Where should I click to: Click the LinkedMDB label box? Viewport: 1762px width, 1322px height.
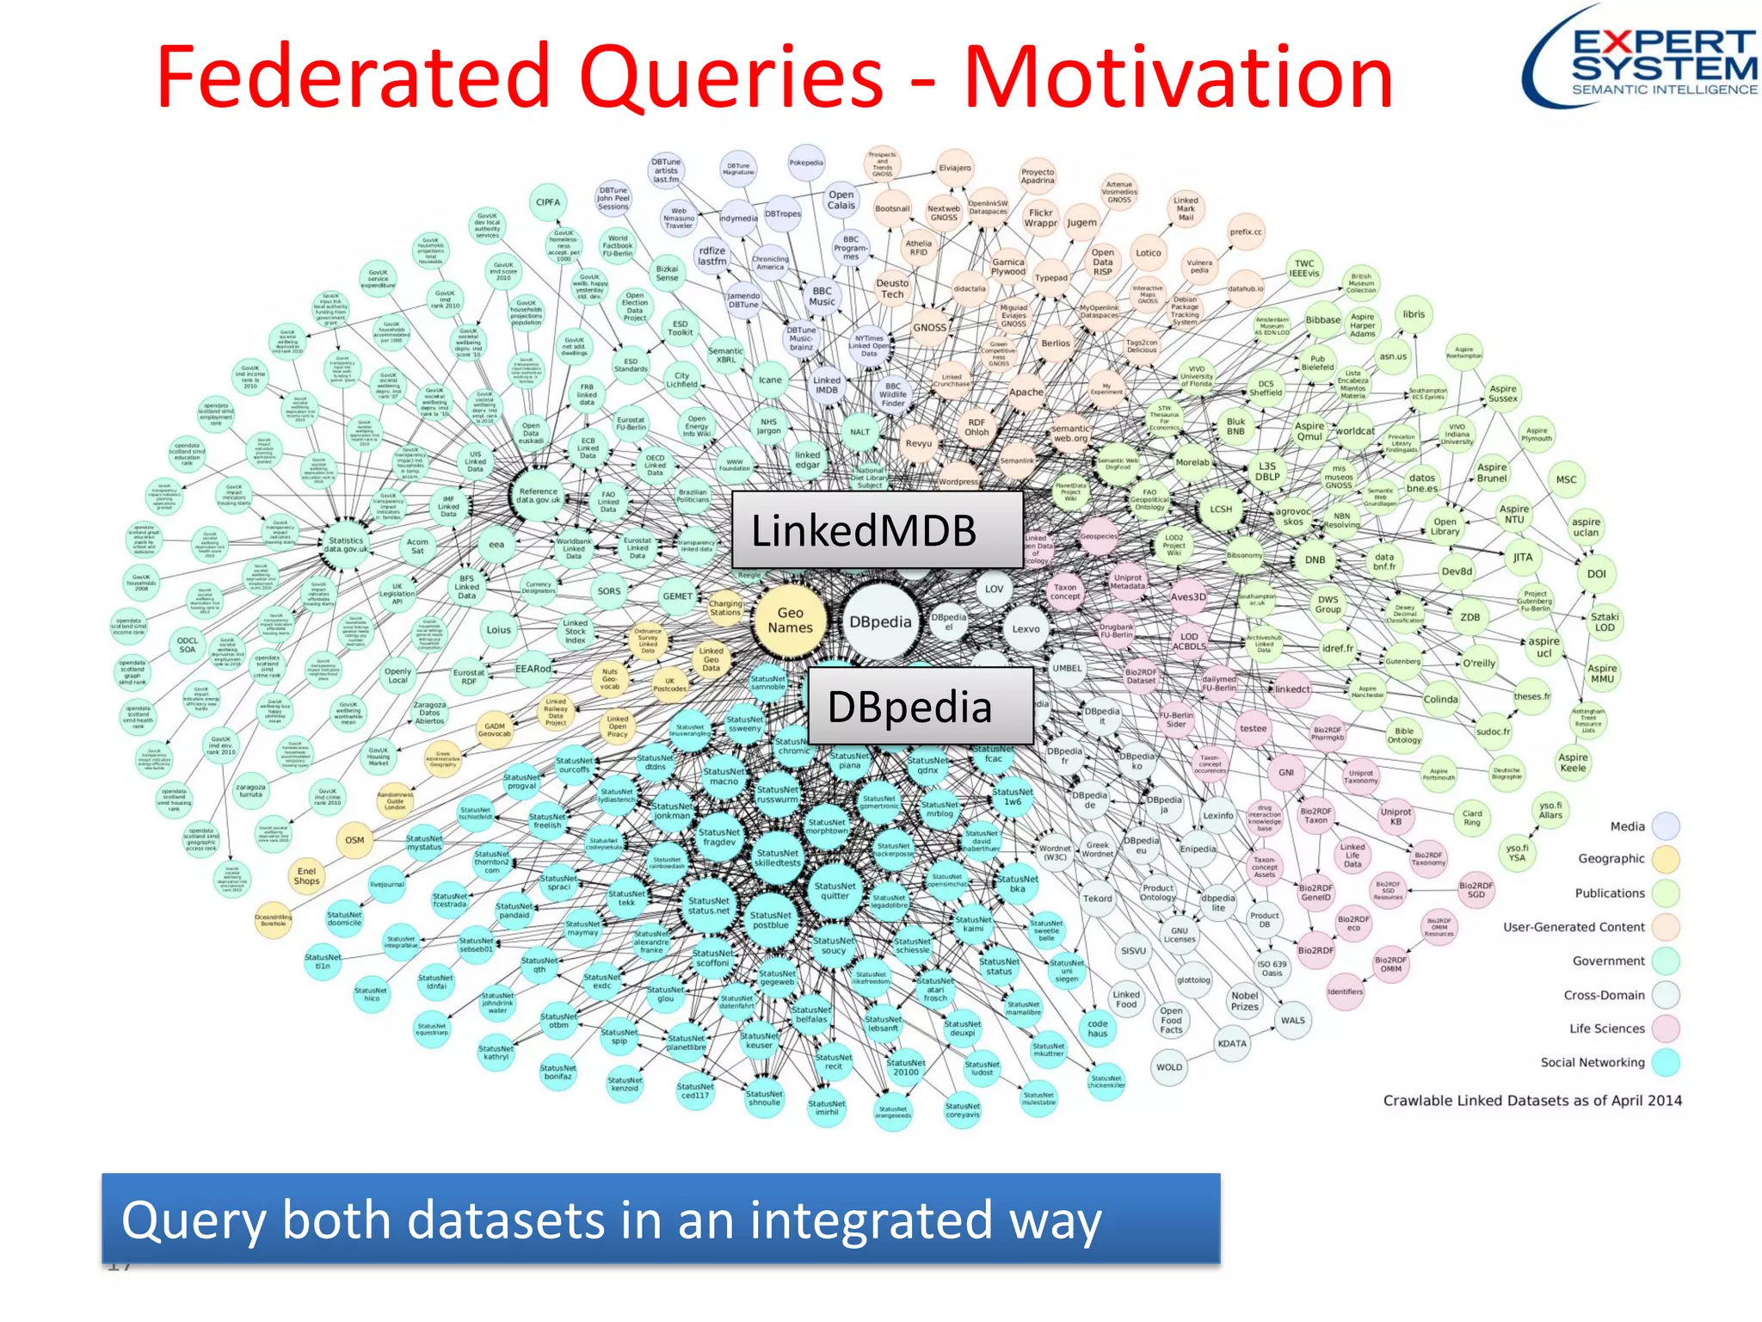877,529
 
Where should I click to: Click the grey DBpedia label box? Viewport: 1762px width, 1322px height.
920,706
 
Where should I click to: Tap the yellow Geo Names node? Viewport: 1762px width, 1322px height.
790,621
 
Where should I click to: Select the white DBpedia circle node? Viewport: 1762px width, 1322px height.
880,621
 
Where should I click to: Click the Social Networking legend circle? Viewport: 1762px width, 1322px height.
1666,1062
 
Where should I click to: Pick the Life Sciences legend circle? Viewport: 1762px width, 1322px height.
1666,1029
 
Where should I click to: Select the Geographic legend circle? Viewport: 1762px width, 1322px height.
1666,859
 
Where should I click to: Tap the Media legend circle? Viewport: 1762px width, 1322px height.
1666,826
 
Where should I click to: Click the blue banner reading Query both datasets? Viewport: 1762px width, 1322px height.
660,1219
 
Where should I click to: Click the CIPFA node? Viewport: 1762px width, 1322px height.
548,202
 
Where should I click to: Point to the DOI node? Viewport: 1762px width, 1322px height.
1596,573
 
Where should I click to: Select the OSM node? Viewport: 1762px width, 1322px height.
354,840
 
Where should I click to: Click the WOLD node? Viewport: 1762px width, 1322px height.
1168,1067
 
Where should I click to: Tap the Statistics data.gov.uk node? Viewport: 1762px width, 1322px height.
346,546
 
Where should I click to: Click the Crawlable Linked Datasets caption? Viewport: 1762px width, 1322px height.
1531,1100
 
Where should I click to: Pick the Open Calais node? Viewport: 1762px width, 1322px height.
841,200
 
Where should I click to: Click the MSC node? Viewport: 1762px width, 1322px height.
1566,479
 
